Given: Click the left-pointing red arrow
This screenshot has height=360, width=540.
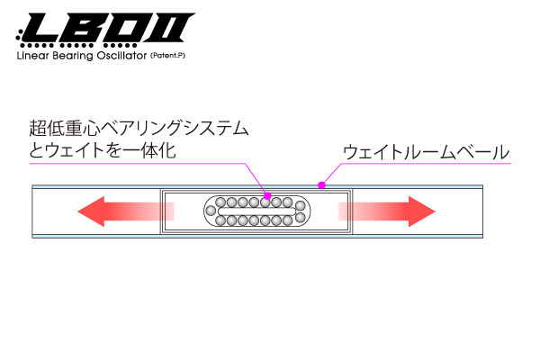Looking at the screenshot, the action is pyautogui.click(x=126, y=211).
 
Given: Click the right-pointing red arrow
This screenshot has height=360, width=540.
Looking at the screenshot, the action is pyautogui.click(x=387, y=211).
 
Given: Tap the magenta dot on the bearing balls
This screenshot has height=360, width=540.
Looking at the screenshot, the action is pyautogui.click(x=267, y=196).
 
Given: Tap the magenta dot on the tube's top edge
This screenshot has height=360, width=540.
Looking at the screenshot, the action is pyautogui.click(x=321, y=185).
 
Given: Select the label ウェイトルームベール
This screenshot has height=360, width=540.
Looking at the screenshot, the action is pyautogui.click(x=427, y=152).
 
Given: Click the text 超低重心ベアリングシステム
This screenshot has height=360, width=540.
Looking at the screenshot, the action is pyautogui.click(x=139, y=128).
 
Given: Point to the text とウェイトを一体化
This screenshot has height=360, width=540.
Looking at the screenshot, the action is pyautogui.click(x=103, y=150).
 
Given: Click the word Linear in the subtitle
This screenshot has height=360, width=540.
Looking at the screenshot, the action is pyautogui.click(x=32, y=56).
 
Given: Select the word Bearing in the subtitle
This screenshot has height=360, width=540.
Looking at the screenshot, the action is pyautogui.click(x=73, y=56).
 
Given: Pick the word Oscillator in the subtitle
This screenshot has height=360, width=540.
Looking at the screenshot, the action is pyautogui.click(x=121, y=56).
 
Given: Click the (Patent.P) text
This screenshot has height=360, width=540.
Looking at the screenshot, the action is pyautogui.click(x=167, y=56).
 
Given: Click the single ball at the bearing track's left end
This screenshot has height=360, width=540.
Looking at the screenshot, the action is pyautogui.click(x=211, y=211).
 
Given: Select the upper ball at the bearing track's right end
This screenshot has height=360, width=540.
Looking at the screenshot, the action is pyautogui.click(x=301, y=206).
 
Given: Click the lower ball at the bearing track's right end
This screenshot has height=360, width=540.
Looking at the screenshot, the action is pyautogui.click(x=301, y=218).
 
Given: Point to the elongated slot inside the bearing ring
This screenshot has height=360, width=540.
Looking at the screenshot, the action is pyautogui.click(x=256, y=211).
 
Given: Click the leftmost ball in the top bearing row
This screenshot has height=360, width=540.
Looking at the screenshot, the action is pyautogui.click(x=220, y=202).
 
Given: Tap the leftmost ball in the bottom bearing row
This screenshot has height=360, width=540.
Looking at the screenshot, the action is pyautogui.click(x=220, y=220).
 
